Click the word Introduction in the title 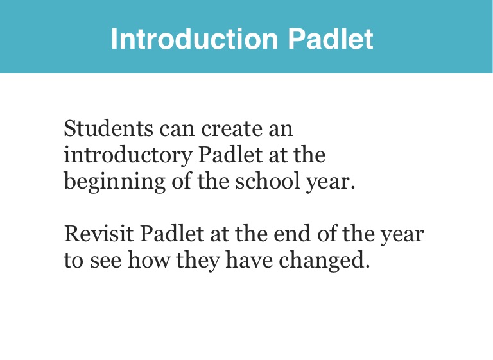coord(195,39)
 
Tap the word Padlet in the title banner coord(331,39)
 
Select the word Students coord(108,128)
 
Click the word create coord(231,129)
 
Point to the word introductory coord(128,156)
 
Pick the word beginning coord(115,182)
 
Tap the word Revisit coord(99,234)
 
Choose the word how coord(149,261)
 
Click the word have coord(249,261)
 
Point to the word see coord(106,262)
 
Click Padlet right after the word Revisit coord(172,234)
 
